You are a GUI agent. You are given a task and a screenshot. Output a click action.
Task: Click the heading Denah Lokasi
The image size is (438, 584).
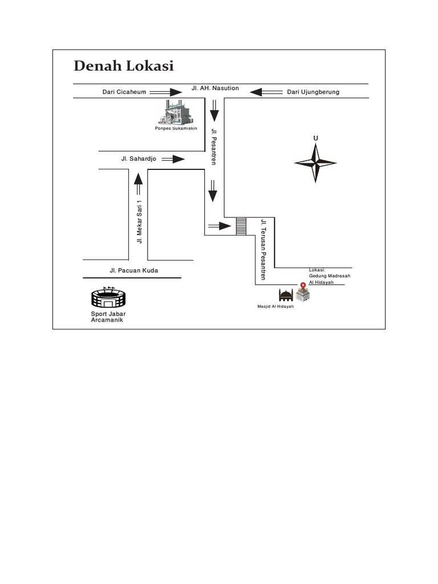[x=124, y=66]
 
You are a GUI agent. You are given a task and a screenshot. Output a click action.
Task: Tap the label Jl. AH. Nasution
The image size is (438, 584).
[x=215, y=88]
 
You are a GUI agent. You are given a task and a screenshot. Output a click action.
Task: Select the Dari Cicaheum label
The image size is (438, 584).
[x=124, y=92]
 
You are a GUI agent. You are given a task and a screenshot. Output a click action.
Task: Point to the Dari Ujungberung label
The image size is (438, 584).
[x=313, y=92]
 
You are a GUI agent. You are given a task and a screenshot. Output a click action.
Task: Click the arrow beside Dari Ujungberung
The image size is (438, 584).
[x=266, y=92]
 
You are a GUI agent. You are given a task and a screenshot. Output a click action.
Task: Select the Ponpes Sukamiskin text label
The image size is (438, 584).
[x=176, y=128]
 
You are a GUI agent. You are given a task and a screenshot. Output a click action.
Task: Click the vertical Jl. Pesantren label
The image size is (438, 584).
[x=214, y=147]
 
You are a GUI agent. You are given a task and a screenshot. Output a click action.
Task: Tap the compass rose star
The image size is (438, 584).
[x=315, y=163]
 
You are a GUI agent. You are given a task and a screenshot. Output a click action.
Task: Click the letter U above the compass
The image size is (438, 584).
[x=315, y=139]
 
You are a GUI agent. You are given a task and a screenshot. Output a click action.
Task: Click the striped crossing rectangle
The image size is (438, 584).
[x=241, y=226]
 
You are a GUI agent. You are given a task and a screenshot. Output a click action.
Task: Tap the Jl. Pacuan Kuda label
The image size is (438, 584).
[x=134, y=270]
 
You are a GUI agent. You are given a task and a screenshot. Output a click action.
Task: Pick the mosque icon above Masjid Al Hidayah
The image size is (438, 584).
[x=286, y=295]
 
